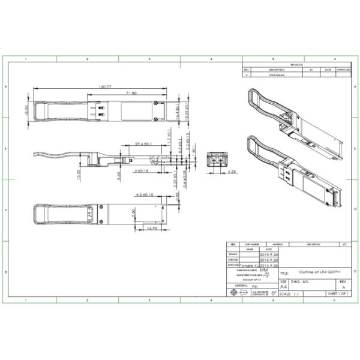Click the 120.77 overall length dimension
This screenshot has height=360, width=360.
106,87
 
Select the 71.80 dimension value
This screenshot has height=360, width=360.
131,93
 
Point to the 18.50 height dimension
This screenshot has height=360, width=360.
26,111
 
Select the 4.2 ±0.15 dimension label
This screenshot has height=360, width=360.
146,195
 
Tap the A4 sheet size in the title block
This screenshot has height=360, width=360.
283,287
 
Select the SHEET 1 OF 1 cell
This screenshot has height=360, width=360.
338,294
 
